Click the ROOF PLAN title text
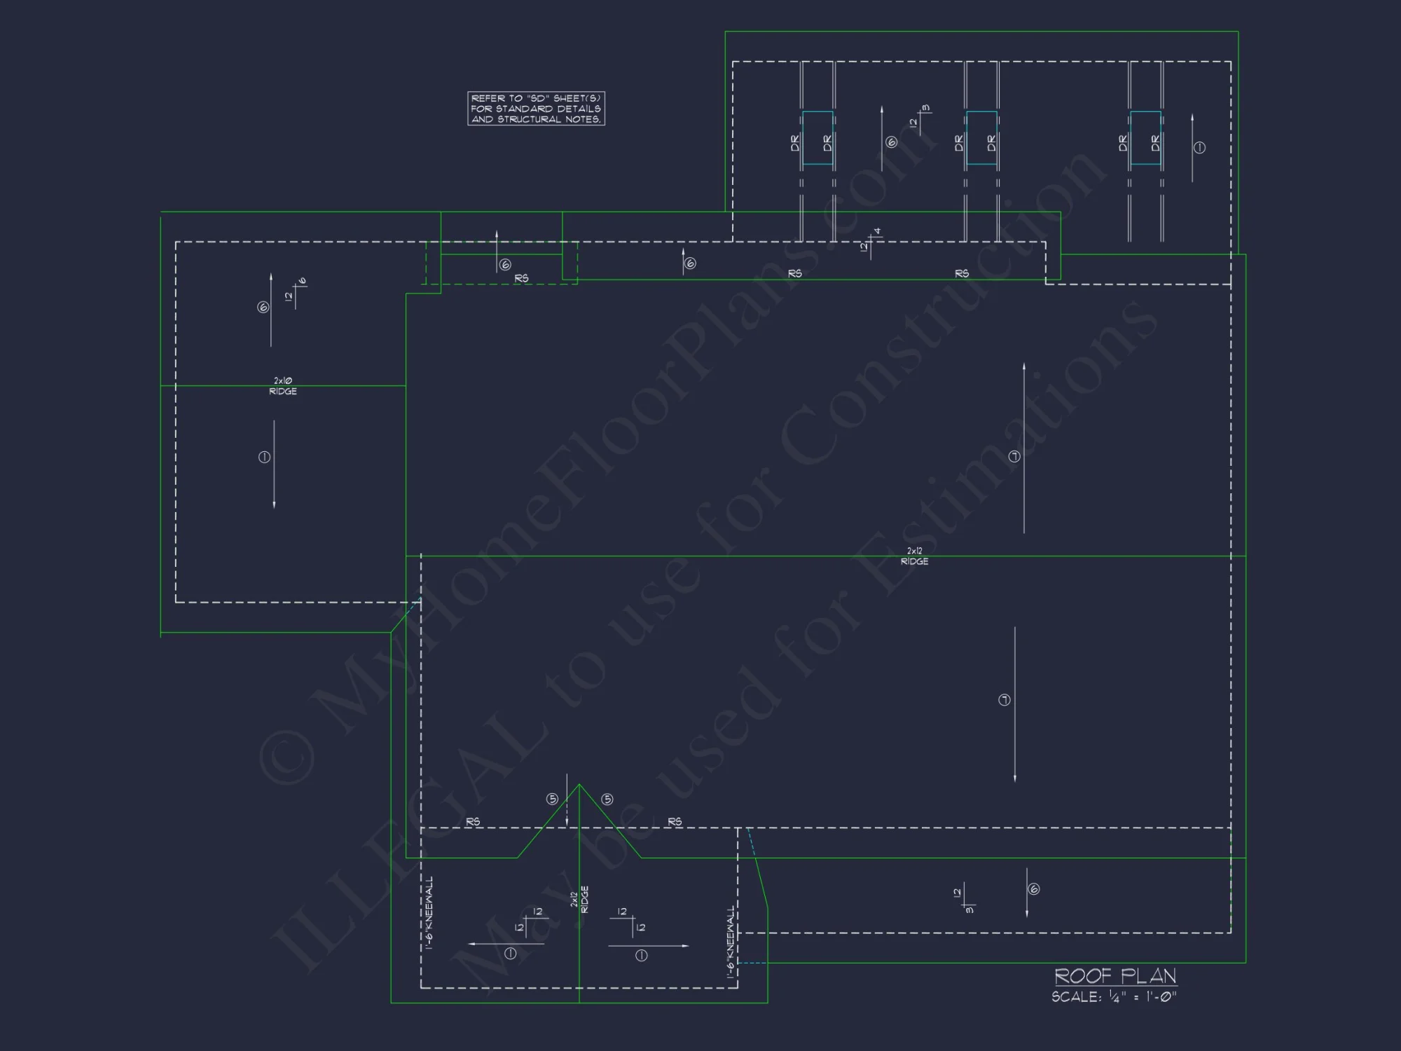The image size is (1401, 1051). tap(1115, 975)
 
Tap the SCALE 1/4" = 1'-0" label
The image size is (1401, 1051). tap(1114, 996)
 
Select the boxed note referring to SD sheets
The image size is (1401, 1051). tap(536, 109)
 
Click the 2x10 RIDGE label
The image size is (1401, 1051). tap(283, 386)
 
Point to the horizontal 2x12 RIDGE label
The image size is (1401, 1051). tap(914, 556)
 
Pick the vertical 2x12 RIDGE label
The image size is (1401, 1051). tap(579, 900)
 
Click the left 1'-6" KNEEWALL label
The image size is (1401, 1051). tap(429, 912)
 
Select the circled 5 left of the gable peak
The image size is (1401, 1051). tap(552, 799)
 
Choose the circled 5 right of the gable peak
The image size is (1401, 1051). tap(607, 799)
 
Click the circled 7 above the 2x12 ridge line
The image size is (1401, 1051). tap(1014, 457)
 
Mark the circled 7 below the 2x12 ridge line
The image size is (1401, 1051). tap(1004, 700)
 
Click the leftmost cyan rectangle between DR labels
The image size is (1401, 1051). tap(817, 138)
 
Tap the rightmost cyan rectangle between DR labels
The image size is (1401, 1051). tap(1145, 138)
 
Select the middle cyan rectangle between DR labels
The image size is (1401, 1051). tap(981, 138)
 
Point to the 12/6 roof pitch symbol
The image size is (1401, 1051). tap(296, 293)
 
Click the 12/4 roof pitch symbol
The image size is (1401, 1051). tap(871, 242)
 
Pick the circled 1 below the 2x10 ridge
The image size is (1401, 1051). tap(264, 458)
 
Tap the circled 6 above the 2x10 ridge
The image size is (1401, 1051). tap(263, 307)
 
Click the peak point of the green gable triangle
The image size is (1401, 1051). tap(579, 785)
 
